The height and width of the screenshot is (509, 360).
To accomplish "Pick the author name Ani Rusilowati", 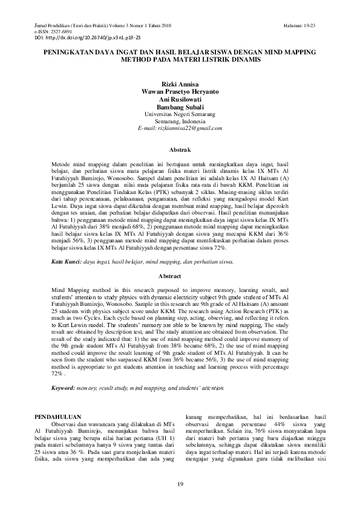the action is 180,100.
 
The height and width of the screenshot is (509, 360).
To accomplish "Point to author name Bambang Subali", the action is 180,106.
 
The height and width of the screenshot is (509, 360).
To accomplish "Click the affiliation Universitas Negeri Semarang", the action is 180,114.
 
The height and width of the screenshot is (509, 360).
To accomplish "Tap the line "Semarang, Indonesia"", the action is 180,121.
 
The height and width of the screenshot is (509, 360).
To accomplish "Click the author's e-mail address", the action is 180,128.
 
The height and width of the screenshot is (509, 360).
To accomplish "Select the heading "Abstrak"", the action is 180,149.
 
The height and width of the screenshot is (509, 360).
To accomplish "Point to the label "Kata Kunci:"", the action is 66,262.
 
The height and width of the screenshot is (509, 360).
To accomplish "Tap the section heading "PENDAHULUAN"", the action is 59,417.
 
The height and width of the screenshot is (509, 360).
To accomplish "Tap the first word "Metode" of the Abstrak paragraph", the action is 62,164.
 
